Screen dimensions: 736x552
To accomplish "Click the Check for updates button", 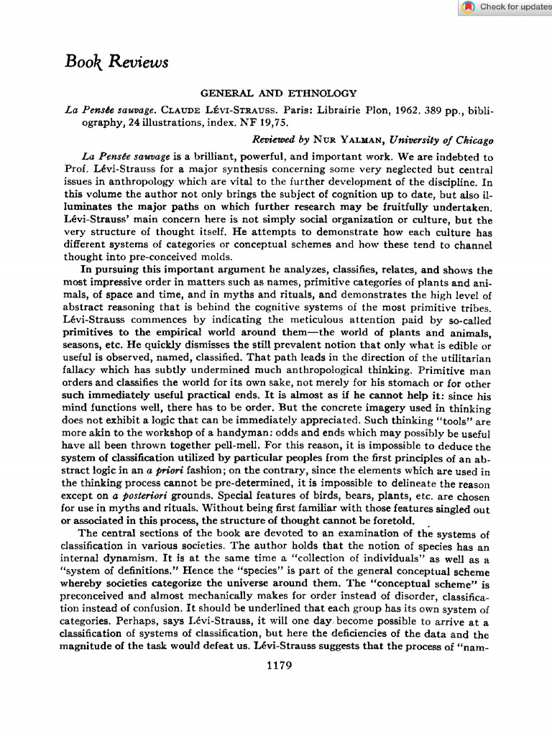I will click(x=507, y=7).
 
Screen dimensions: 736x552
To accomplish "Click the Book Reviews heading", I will click(x=116, y=63).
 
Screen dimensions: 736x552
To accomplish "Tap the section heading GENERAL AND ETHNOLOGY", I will click(x=278, y=93).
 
